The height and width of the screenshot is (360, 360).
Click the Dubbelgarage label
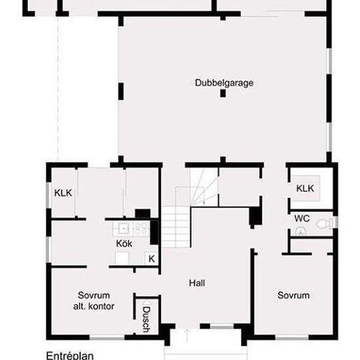224,83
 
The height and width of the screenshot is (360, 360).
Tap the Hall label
197,283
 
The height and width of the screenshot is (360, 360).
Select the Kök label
124,243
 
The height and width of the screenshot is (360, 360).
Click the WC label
302,219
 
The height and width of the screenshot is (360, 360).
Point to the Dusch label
146,319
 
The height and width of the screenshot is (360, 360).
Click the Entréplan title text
70,355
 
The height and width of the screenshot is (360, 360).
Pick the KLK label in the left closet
63,193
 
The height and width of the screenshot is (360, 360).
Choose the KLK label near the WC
305,189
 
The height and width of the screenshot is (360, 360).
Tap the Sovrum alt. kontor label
94,301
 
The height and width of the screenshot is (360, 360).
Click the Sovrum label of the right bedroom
293,295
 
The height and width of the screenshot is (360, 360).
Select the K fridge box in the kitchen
152,259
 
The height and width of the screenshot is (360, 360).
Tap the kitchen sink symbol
124,228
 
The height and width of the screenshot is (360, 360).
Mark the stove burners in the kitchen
141,228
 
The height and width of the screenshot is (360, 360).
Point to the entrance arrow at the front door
187,335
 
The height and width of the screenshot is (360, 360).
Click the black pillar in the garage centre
223,94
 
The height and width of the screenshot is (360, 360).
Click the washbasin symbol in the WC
300,232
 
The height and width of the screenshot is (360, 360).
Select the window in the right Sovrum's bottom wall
292,338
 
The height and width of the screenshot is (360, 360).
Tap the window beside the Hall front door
222,327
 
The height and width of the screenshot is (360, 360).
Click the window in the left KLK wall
48,195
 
